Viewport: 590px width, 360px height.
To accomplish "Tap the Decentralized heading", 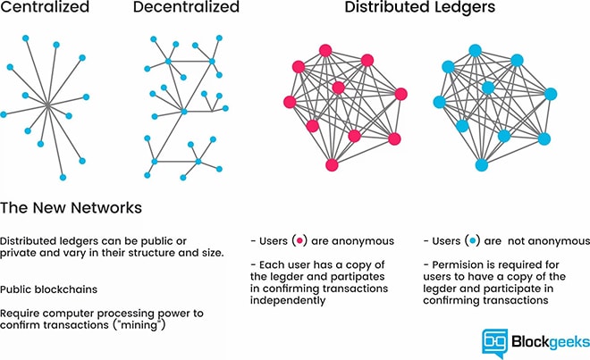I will coord(186,9).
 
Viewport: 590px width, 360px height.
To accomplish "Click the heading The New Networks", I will coord(72,208).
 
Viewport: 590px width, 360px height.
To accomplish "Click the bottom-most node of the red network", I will coord(333,164).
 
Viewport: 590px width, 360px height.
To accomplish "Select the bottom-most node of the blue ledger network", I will coord(483,164).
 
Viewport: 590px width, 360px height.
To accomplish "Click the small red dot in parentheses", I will coord(300,241).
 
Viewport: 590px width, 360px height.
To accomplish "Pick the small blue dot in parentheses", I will coord(471,241).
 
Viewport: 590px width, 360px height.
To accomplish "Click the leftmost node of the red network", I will coord(289,102).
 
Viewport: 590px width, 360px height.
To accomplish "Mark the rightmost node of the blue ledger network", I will coord(551,93).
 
